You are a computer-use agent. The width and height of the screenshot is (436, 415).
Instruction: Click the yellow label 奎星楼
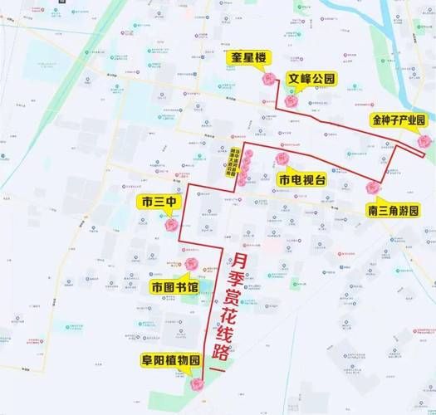248,56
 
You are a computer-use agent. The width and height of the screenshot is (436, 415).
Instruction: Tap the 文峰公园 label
311,79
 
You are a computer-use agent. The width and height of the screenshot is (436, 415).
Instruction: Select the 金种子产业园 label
399,120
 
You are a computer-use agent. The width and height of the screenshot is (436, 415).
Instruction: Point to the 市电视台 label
301,179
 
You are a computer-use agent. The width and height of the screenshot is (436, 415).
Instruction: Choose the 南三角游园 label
393,210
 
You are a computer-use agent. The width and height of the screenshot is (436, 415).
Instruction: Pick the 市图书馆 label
174,286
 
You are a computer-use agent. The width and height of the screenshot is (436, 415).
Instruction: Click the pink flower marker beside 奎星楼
268,79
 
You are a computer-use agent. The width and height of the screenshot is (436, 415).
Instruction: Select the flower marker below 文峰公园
291,100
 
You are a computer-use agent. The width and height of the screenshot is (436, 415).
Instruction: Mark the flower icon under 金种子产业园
424,141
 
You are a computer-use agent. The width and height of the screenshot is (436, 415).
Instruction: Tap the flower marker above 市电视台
282,158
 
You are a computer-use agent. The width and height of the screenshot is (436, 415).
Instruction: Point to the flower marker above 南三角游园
372,188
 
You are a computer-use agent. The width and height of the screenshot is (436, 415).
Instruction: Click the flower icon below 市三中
171,224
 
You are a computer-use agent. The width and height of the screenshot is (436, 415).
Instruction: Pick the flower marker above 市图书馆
191,265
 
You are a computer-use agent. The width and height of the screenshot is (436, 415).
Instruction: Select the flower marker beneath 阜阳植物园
197,384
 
